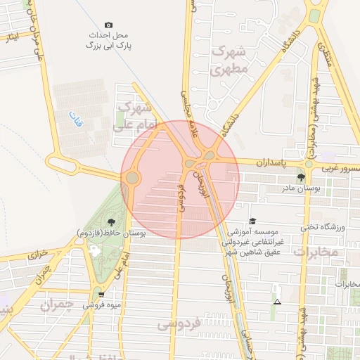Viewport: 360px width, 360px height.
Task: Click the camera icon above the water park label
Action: point(108,25)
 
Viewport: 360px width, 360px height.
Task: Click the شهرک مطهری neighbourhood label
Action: point(229,60)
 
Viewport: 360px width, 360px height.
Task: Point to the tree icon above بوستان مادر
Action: point(301,177)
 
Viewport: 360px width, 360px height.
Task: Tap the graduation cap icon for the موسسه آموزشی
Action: point(252,221)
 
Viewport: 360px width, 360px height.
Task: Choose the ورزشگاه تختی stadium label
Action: point(320,226)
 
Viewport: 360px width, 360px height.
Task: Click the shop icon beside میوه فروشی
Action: point(101,295)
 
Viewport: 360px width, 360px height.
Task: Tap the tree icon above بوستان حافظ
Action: point(112,222)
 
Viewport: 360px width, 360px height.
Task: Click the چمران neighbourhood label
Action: point(58,305)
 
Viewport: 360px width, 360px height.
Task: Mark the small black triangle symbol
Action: point(278,302)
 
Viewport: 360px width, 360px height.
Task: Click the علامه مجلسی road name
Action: point(186,106)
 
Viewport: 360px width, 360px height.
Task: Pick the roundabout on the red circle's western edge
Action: point(131,178)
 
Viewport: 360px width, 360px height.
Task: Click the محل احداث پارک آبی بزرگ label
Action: point(109,39)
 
